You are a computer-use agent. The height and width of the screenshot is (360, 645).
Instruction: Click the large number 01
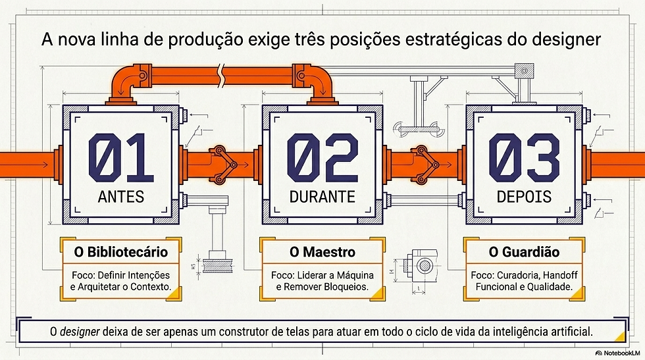tap(121, 157)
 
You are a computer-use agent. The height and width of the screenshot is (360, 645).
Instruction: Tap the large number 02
tap(322, 157)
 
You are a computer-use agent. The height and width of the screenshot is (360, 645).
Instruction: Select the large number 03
tap(524, 157)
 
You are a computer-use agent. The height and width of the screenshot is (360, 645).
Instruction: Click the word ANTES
tap(121, 197)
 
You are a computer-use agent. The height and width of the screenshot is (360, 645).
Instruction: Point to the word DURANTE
tap(322, 197)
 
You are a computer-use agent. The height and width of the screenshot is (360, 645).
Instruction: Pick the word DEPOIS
tap(524, 197)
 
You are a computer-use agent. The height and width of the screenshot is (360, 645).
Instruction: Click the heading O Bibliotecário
tap(121, 252)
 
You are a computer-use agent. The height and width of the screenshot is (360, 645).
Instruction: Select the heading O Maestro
tap(322, 252)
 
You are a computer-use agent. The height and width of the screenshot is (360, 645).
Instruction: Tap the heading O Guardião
tap(524, 252)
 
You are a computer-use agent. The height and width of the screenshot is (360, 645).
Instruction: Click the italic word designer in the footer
tap(80, 332)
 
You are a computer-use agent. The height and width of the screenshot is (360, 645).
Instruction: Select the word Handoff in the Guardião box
tap(561, 275)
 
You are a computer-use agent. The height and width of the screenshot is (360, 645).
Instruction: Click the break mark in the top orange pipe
tap(222, 75)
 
